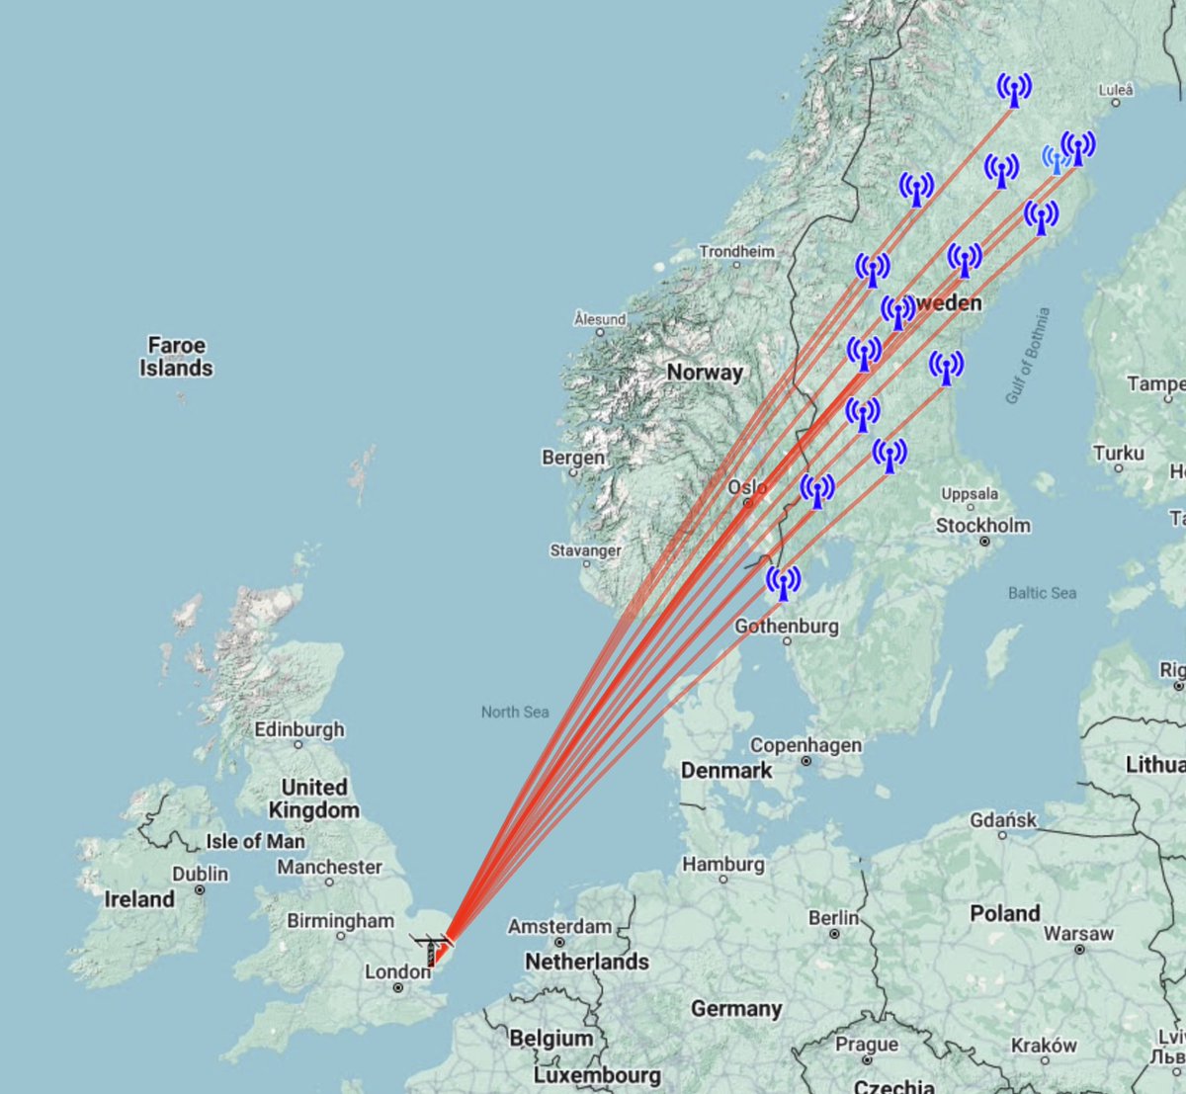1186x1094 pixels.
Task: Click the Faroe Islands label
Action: (x=176, y=357)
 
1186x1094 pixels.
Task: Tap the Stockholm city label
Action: (x=982, y=525)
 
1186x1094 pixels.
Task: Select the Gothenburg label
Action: (x=786, y=626)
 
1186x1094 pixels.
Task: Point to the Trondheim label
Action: (x=736, y=251)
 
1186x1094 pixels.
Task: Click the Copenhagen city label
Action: (x=805, y=745)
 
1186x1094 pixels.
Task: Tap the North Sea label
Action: (x=514, y=712)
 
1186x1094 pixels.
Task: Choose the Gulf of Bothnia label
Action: (x=1028, y=355)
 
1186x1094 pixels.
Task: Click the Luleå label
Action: (x=1116, y=90)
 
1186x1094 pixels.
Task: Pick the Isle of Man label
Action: (x=255, y=841)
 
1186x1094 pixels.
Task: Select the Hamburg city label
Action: (x=722, y=864)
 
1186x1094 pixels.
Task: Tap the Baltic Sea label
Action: (x=1042, y=593)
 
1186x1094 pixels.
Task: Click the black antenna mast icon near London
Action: (x=431, y=949)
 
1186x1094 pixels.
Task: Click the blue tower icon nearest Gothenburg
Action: (x=784, y=583)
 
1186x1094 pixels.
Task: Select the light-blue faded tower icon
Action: (x=1056, y=159)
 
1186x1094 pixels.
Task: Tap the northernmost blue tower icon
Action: (x=1013, y=90)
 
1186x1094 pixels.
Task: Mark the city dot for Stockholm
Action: (x=983, y=542)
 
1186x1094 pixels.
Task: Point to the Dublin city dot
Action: (x=200, y=889)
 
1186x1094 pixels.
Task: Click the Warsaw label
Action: (x=1078, y=933)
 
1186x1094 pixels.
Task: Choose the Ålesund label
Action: (x=600, y=319)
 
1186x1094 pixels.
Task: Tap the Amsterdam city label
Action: (x=559, y=926)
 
